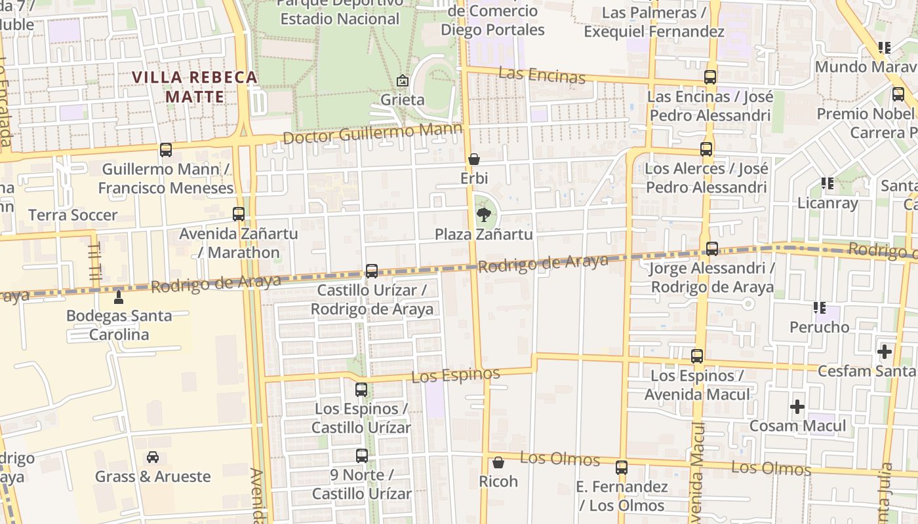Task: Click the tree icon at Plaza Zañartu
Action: [483, 214]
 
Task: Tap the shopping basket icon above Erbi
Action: [474, 159]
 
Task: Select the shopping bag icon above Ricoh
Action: [498, 462]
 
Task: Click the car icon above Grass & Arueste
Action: [153, 457]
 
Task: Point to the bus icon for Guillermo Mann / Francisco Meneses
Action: [166, 150]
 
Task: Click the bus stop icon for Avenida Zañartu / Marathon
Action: [239, 214]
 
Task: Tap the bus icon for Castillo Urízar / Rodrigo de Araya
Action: [372, 271]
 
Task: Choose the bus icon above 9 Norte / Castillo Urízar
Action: [362, 455]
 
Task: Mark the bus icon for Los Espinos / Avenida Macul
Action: [697, 356]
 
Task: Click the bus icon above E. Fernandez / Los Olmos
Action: [622, 468]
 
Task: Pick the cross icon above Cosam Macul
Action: [797, 407]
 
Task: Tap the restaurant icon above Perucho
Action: [819, 307]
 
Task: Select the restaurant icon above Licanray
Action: [828, 183]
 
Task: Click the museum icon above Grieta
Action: [403, 81]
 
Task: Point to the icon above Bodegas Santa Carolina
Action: [119, 297]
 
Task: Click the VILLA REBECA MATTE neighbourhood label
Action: [195, 87]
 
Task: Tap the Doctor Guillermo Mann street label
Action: [373, 134]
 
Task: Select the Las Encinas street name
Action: [542, 75]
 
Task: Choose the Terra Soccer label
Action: [73, 215]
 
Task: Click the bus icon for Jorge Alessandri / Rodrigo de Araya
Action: [712, 249]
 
